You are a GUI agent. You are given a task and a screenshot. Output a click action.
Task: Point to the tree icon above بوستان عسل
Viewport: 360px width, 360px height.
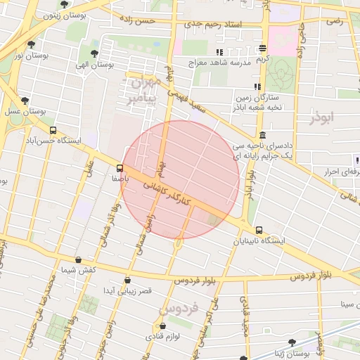(x=25, y=101)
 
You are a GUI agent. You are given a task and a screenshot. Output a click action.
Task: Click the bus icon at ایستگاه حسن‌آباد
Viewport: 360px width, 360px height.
(x=53, y=130)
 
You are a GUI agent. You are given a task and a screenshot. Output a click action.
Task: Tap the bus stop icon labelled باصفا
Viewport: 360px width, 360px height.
(x=120, y=168)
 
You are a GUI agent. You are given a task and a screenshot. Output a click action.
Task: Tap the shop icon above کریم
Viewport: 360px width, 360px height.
(x=263, y=49)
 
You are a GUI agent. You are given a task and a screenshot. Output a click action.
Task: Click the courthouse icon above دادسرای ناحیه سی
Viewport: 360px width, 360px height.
(x=262, y=135)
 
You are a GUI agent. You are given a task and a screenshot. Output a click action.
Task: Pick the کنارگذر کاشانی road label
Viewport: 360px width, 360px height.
(x=168, y=188)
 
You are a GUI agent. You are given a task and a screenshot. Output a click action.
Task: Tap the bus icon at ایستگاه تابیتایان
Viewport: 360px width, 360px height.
(x=259, y=230)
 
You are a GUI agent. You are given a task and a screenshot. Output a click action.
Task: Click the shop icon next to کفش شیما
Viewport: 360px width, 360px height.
(x=78, y=259)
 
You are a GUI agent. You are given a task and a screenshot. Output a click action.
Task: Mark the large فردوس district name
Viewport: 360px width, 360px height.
(x=179, y=308)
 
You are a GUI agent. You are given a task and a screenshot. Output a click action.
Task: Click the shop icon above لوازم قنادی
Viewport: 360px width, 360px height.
(x=163, y=326)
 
